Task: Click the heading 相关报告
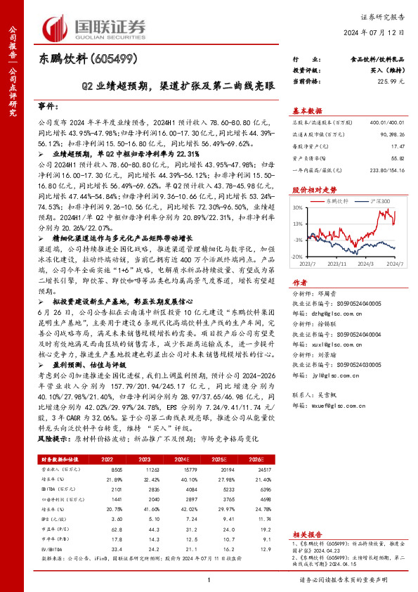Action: point(306,534)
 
